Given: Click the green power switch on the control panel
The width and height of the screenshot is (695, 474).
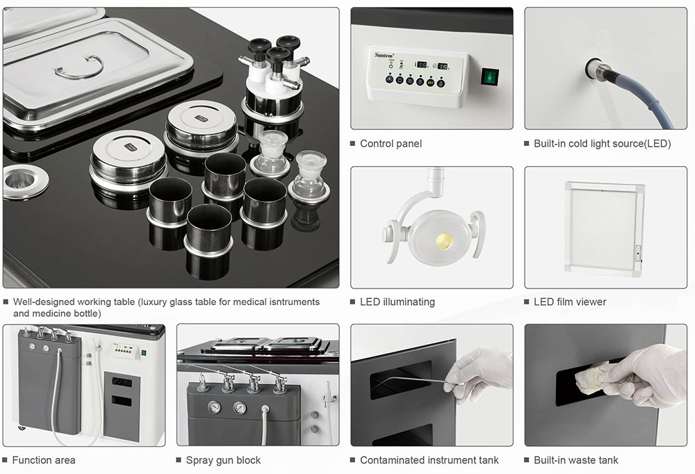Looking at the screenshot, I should point(492,75).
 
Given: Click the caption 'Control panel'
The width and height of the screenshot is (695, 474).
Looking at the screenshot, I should point(391,144).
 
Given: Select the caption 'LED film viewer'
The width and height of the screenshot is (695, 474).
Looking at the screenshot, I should point(570,302).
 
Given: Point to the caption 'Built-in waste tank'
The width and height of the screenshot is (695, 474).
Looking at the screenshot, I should point(575,460).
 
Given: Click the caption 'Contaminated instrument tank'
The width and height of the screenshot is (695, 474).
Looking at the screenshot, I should point(429,460).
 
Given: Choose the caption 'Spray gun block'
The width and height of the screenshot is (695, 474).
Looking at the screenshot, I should point(223,460).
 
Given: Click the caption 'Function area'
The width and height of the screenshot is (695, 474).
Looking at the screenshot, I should point(44,460).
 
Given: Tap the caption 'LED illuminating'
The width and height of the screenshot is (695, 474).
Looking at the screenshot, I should point(397,302).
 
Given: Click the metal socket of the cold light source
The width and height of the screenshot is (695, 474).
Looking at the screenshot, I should point(596,68).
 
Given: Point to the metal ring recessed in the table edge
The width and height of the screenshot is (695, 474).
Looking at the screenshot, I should point(26,182).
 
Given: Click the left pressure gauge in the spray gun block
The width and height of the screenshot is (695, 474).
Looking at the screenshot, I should point(213,407).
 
